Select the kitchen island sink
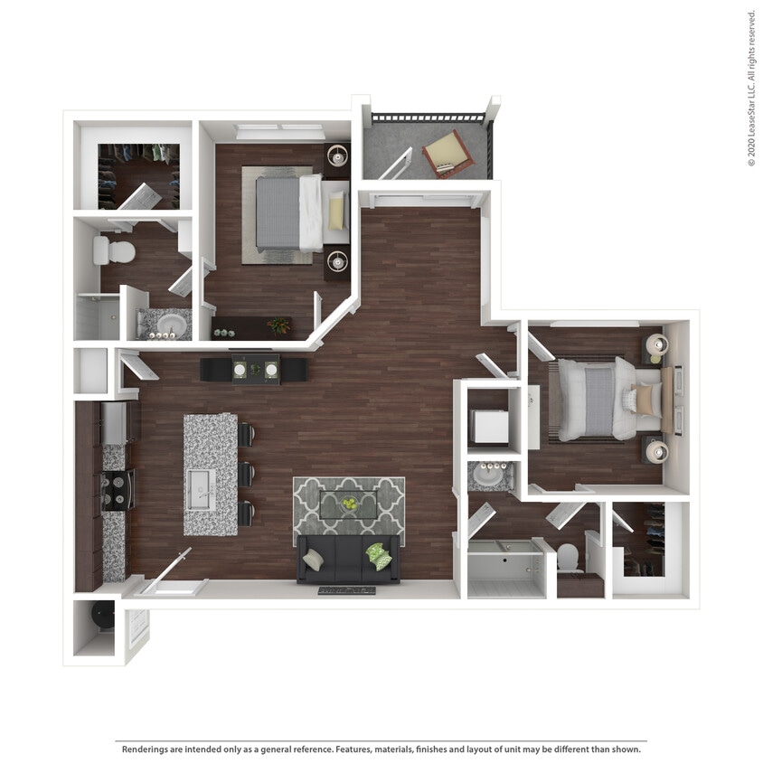click(199, 489)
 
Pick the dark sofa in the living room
click(348, 559)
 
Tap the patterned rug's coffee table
click(349, 507)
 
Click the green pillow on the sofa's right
click(379, 554)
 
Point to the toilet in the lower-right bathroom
click(569, 558)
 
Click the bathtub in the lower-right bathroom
click(506, 570)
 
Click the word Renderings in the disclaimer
click(148, 749)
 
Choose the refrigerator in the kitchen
click(116, 422)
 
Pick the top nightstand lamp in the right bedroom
click(657, 344)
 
